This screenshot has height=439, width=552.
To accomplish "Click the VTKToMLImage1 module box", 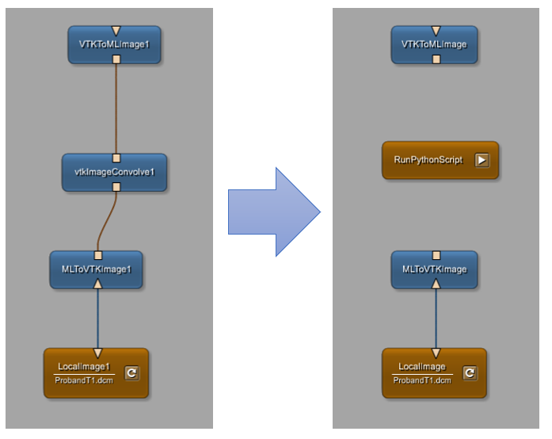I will coord(115,44).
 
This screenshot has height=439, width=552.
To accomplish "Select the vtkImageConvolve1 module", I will coord(115,172).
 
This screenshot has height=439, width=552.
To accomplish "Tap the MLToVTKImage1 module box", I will coord(97,269).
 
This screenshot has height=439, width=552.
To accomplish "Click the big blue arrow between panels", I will coord(273,212).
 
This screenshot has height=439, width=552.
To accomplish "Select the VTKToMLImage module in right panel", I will coord(435,44).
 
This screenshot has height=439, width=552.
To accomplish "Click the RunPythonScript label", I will coord(428,160).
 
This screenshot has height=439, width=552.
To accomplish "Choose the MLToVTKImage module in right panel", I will coord(435,269).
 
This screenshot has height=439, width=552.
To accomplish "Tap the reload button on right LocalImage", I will coord(470,372).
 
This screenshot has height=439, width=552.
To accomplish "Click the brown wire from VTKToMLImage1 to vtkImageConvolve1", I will coord(116,107).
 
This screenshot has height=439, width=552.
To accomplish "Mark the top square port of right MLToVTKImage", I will coord(436,254).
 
